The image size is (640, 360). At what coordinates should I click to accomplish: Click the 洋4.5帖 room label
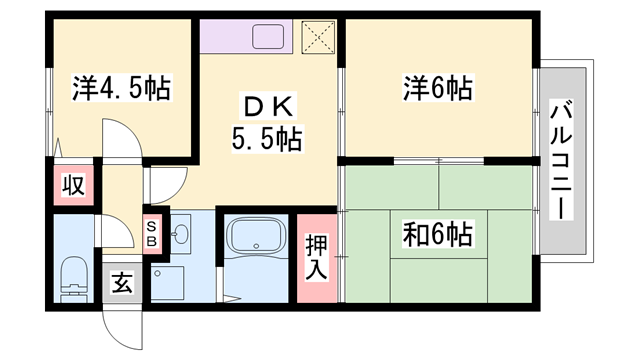click(120, 89)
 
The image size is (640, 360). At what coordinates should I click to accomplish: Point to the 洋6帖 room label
click(437, 89)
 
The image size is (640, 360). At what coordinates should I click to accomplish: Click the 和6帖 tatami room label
click(438, 235)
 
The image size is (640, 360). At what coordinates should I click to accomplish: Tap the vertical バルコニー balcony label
click(561, 160)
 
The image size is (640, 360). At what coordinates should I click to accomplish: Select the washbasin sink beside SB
click(180, 236)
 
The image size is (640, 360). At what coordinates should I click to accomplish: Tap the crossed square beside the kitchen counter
click(320, 38)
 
